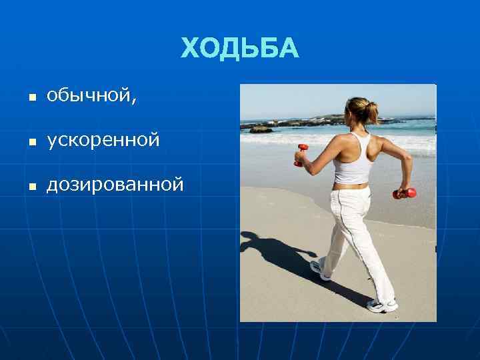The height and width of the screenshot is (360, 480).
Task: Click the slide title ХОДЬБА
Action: point(240,49)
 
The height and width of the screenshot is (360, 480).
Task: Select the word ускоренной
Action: point(103,141)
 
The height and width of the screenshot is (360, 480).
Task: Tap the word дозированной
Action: point(115,184)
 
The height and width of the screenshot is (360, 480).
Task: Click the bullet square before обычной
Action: point(30,99)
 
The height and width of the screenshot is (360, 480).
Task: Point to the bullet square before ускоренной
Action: point(30,142)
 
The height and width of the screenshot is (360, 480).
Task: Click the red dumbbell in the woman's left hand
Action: point(301,153)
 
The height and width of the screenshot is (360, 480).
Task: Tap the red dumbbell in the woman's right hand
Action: point(405,193)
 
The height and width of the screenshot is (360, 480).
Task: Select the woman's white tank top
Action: point(351,160)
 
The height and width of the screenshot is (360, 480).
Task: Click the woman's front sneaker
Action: point(382,306)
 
